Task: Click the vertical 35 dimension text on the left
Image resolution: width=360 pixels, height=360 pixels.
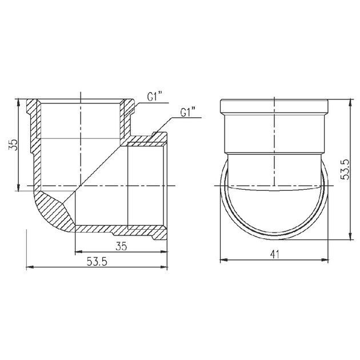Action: (13, 145)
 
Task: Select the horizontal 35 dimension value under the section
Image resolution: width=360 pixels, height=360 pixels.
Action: (121, 246)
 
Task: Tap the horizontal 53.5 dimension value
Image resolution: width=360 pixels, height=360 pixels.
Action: (97, 262)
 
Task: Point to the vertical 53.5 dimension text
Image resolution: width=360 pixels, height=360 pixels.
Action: (345, 169)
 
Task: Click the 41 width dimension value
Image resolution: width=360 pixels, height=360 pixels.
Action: (275, 254)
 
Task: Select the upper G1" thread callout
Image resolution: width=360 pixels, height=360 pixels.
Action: (155, 97)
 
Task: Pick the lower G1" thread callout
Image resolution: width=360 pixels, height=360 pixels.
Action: (188, 112)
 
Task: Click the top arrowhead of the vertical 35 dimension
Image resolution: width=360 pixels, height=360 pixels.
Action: (18, 103)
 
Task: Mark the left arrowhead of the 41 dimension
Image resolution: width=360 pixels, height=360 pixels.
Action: (224, 260)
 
